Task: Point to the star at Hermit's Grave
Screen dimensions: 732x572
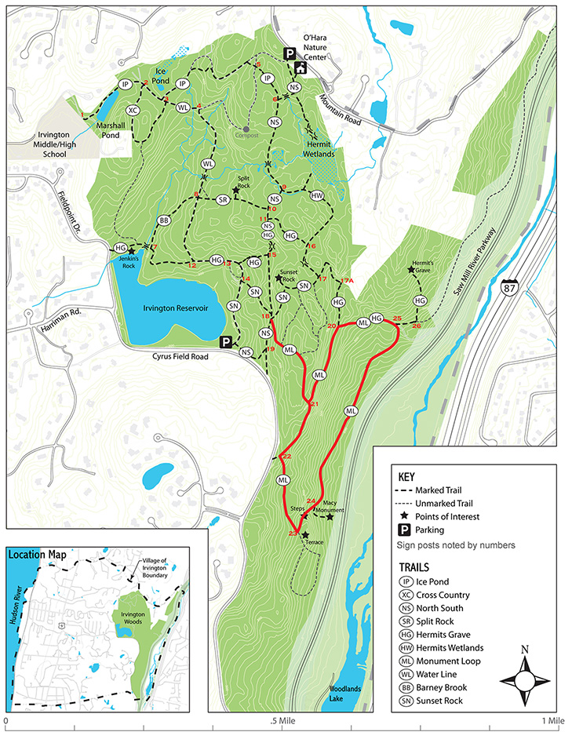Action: tap(411, 270)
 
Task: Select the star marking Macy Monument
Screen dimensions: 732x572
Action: tap(330, 516)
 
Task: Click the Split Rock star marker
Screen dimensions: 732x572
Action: tap(235, 190)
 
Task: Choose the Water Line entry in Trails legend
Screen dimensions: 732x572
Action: tap(439, 674)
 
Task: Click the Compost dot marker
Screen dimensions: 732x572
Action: tap(246, 129)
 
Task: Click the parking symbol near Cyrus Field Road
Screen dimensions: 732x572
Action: tap(226, 342)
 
